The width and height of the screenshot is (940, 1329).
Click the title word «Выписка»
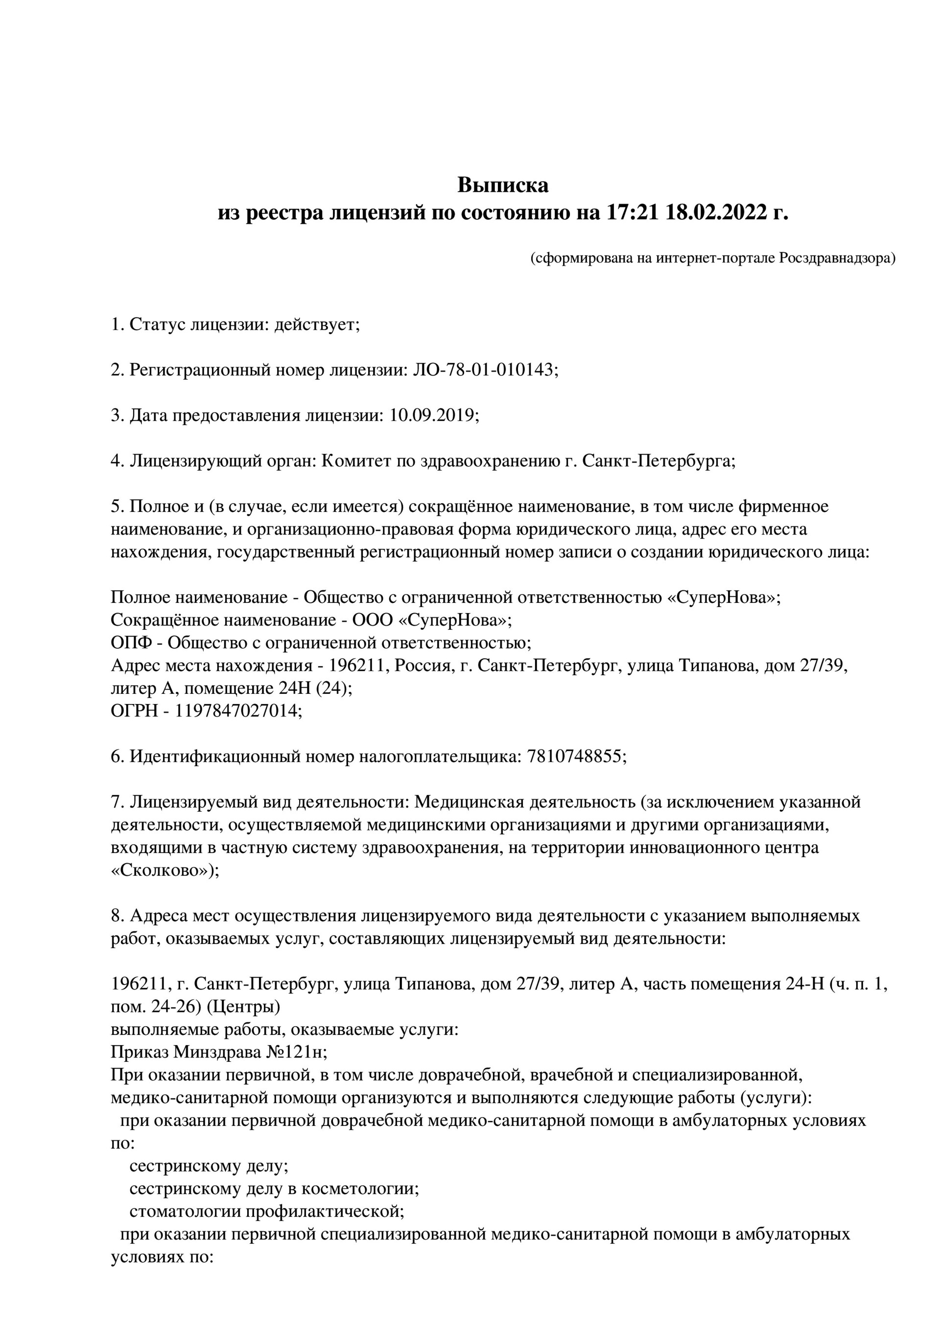503,185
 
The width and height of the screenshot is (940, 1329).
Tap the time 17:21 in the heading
633,213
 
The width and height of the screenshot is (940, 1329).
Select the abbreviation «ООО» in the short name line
373,620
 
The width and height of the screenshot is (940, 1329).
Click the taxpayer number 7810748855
575,756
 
